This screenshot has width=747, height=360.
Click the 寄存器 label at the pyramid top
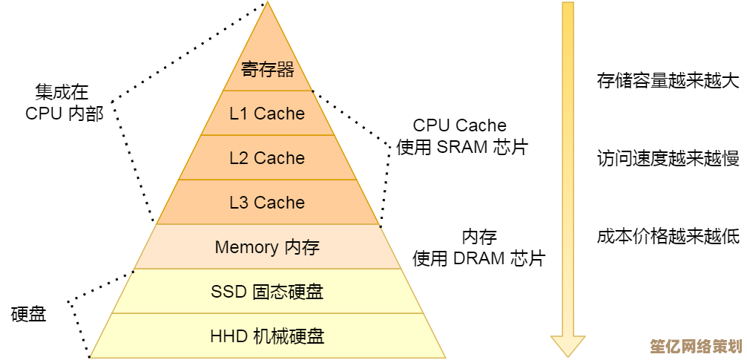point(267,70)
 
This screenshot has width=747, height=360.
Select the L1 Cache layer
point(267,114)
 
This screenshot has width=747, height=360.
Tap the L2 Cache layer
point(267,158)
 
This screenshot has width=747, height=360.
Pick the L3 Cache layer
point(267,203)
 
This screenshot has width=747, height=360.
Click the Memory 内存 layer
point(267,247)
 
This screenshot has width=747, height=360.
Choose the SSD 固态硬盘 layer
point(267,292)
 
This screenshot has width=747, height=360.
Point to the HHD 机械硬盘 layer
point(267,336)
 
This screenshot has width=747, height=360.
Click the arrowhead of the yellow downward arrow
point(567,346)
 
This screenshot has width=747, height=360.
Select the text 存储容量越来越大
point(668,81)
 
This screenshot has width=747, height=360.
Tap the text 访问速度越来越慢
point(668,158)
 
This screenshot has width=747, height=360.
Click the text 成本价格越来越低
point(668,237)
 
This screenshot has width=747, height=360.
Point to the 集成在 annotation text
point(62,92)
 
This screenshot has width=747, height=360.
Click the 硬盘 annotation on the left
point(29,314)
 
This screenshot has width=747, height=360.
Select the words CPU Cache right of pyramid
point(459,125)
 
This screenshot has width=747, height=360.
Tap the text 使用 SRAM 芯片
point(461,147)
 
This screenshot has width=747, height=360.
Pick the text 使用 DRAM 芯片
point(478,258)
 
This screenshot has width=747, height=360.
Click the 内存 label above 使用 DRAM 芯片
point(479,238)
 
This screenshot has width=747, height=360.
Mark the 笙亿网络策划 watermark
point(696,347)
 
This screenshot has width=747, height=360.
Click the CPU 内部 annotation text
point(64,114)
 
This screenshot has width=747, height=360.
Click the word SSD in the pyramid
point(228,292)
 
